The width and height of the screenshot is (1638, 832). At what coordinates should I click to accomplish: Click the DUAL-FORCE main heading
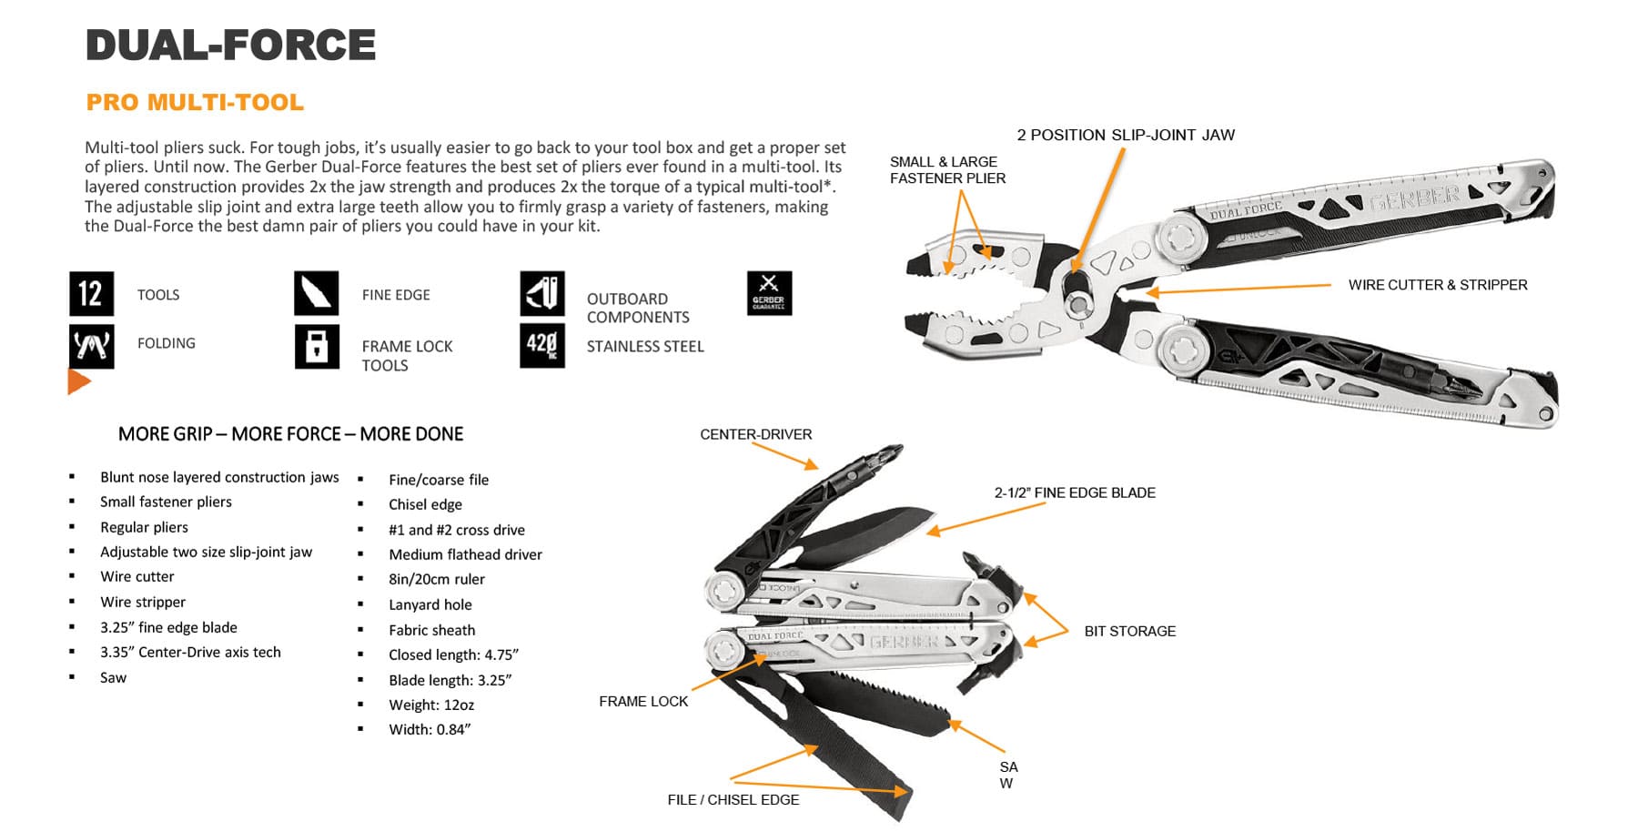pyautogui.click(x=230, y=46)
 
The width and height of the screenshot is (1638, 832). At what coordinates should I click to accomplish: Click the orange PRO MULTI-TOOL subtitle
pyautogui.click(x=195, y=102)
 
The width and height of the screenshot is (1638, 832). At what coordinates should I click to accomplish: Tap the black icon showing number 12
pyautogui.click(x=91, y=294)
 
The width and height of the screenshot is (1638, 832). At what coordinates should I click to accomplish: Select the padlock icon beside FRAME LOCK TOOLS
pyautogui.click(x=317, y=346)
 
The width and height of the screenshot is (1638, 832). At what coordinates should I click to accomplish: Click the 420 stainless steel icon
pyautogui.click(x=541, y=346)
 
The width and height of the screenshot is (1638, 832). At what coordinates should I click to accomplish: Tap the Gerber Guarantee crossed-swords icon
pyautogui.click(x=769, y=293)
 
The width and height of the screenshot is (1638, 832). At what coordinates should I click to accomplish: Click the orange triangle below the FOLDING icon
pyautogui.click(x=78, y=381)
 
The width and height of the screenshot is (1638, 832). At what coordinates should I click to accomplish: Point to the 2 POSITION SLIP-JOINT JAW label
pyautogui.click(x=1125, y=135)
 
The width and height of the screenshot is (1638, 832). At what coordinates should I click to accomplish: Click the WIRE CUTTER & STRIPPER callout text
pyautogui.click(x=1437, y=285)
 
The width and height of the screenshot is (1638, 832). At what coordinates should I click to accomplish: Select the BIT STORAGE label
pyautogui.click(x=1129, y=631)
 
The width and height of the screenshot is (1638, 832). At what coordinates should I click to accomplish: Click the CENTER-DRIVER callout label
pyautogui.click(x=755, y=434)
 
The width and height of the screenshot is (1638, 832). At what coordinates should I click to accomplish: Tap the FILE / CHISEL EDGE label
pyautogui.click(x=733, y=799)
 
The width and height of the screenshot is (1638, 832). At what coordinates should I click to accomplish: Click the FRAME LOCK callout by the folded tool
pyautogui.click(x=642, y=701)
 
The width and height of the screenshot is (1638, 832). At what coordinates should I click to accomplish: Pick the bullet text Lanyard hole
pyautogui.click(x=430, y=604)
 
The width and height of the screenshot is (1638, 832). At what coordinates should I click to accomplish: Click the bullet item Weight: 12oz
pyautogui.click(x=430, y=705)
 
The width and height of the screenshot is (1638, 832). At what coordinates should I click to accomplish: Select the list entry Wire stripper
pyautogui.click(x=142, y=602)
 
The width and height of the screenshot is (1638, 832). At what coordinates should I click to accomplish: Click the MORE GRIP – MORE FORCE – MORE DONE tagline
pyautogui.click(x=290, y=434)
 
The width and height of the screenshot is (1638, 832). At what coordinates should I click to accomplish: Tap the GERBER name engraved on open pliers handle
pyautogui.click(x=1414, y=198)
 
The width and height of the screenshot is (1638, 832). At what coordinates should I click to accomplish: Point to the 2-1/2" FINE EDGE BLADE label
pyautogui.click(x=1074, y=492)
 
